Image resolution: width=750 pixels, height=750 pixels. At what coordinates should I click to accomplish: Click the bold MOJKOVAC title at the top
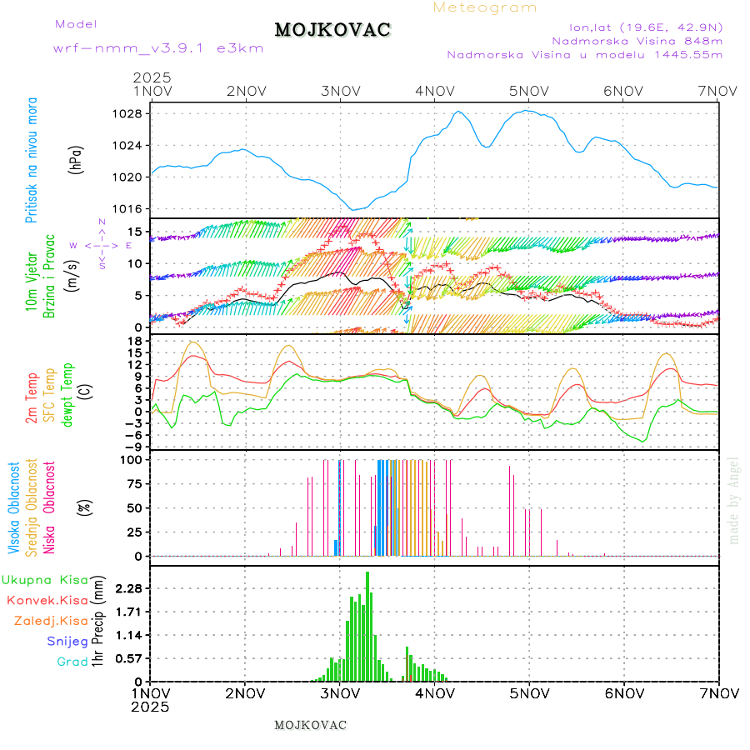332,30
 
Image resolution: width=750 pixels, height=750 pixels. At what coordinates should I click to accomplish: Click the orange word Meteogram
486,7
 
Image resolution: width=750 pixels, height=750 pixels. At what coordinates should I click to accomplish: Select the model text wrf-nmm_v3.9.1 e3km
158,47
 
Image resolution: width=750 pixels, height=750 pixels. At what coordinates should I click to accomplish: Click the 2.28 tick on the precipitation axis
129,588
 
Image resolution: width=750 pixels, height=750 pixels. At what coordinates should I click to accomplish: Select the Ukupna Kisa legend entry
44,579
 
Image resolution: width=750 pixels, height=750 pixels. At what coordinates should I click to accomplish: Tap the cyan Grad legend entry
72,662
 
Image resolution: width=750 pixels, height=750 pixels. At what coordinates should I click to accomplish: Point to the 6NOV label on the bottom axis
623,692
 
